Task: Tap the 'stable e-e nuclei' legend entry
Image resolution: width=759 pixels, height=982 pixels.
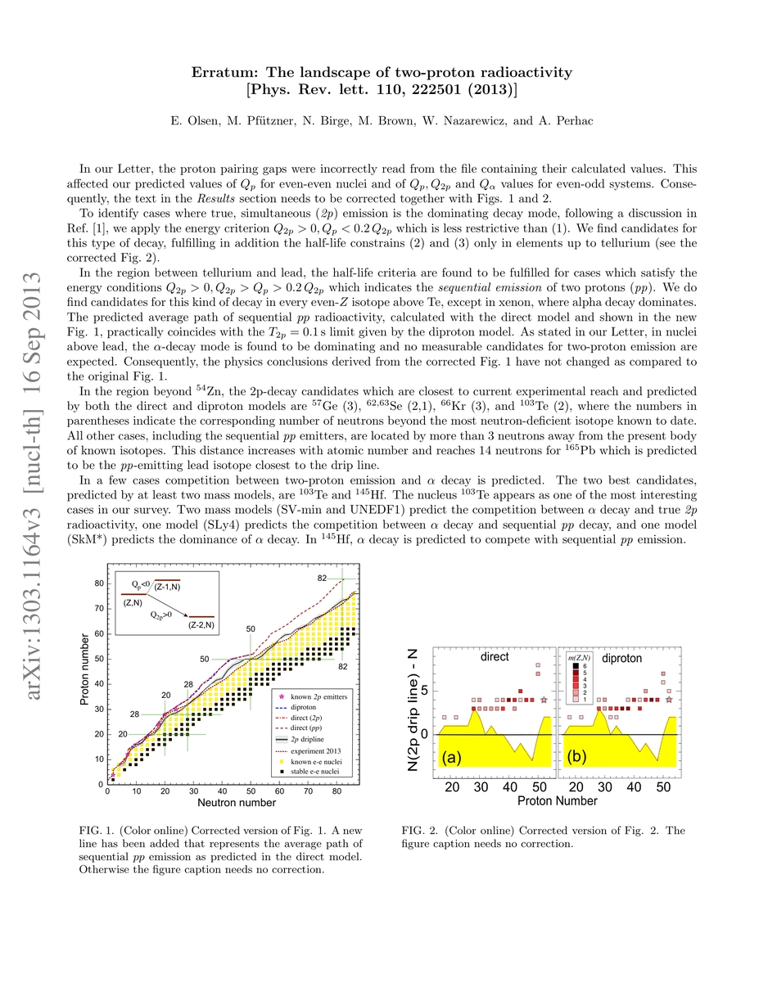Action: (x=312, y=773)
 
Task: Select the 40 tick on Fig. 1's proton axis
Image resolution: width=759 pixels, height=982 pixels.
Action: (x=97, y=683)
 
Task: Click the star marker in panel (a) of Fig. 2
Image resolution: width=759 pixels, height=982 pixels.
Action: (x=544, y=700)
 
